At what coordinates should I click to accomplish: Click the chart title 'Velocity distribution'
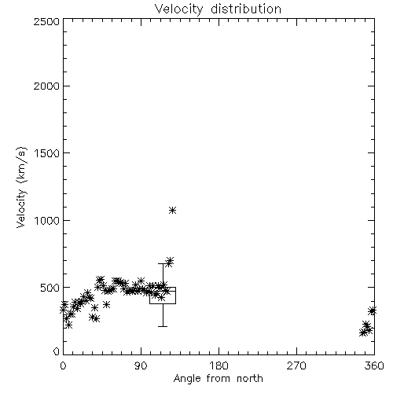tap(218, 9)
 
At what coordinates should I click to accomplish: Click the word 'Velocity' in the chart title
tap(178, 9)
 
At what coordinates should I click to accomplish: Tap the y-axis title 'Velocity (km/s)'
tap(21, 187)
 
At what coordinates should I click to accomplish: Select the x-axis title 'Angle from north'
tap(218, 379)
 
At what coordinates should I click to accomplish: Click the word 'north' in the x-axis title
tap(250, 379)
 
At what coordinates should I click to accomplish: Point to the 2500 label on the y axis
tap(46, 21)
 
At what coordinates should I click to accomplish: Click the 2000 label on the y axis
tap(46, 86)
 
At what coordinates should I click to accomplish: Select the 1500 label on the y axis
tap(47, 153)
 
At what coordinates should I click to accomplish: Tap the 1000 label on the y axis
tap(47, 220)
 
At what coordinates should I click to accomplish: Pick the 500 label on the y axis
tap(50, 288)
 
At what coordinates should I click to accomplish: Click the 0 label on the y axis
tap(57, 351)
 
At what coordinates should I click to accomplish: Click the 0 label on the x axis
tap(63, 365)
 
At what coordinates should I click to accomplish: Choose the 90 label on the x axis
tap(141, 365)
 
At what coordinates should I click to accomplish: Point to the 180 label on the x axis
tap(219, 365)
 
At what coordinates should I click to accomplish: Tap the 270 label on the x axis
tap(296, 365)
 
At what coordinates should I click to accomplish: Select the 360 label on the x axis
tap(374, 365)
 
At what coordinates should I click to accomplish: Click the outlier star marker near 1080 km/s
tap(172, 210)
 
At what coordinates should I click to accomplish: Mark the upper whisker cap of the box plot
tap(163, 263)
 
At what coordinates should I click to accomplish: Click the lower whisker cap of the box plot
tap(163, 326)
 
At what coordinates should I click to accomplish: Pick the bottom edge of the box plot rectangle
tap(163, 303)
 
